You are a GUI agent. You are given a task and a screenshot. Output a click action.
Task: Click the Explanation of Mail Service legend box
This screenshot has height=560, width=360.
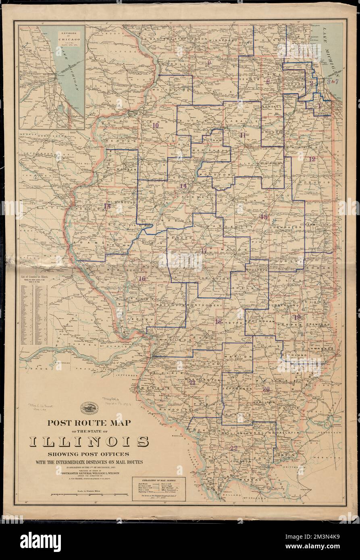tap(159, 488)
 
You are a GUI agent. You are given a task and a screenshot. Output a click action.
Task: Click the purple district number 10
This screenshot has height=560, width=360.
tap(156, 125)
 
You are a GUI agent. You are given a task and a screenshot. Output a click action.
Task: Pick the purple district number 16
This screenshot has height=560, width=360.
tap(142, 279)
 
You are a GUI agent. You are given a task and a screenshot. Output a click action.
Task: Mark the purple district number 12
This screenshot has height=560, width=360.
tap(312, 159)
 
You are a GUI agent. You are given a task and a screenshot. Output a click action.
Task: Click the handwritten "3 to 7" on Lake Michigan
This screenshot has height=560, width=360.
tap(336, 82)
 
